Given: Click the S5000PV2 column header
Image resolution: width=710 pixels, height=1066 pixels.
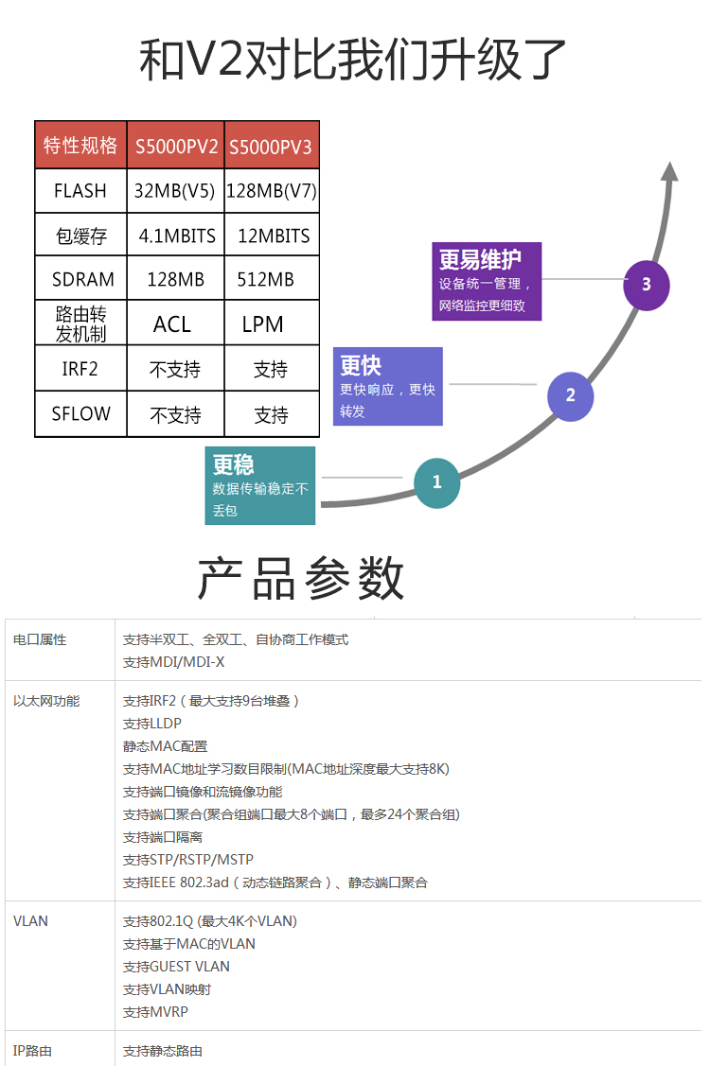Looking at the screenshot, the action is (x=176, y=146).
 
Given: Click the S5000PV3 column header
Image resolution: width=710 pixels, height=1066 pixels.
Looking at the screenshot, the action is (x=271, y=146).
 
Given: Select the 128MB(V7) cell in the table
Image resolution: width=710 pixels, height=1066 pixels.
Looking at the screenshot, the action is (x=272, y=190).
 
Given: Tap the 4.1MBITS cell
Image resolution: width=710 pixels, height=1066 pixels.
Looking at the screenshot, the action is (x=176, y=236).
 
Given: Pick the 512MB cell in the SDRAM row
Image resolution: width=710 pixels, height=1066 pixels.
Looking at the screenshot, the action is (x=272, y=279).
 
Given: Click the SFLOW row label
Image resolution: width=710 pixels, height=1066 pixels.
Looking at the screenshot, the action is (x=81, y=413).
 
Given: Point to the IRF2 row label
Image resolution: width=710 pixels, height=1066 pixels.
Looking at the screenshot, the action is (x=81, y=369).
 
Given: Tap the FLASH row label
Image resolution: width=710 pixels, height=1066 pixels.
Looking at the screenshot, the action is (x=81, y=190).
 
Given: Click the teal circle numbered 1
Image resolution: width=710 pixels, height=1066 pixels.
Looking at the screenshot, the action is (x=437, y=482).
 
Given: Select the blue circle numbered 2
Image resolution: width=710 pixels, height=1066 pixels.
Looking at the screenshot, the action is (x=571, y=395).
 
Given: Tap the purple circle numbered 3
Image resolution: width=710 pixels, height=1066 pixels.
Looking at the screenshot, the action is (x=647, y=285).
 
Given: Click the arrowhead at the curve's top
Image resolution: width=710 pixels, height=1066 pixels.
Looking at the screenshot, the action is (x=670, y=171).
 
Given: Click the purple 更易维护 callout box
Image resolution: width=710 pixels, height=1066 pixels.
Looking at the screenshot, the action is (x=487, y=281).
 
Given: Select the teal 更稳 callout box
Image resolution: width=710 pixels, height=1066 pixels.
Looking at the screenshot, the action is (x=260, y=485).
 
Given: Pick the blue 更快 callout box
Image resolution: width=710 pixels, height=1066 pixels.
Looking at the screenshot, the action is (x=388, y=386).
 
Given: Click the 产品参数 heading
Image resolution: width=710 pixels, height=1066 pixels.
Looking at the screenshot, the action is (x=301, y=578).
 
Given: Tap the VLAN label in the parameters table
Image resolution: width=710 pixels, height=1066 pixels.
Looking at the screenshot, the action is (x=30, y=921).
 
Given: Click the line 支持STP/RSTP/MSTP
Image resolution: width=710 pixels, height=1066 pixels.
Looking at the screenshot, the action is (x=187, y=860).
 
